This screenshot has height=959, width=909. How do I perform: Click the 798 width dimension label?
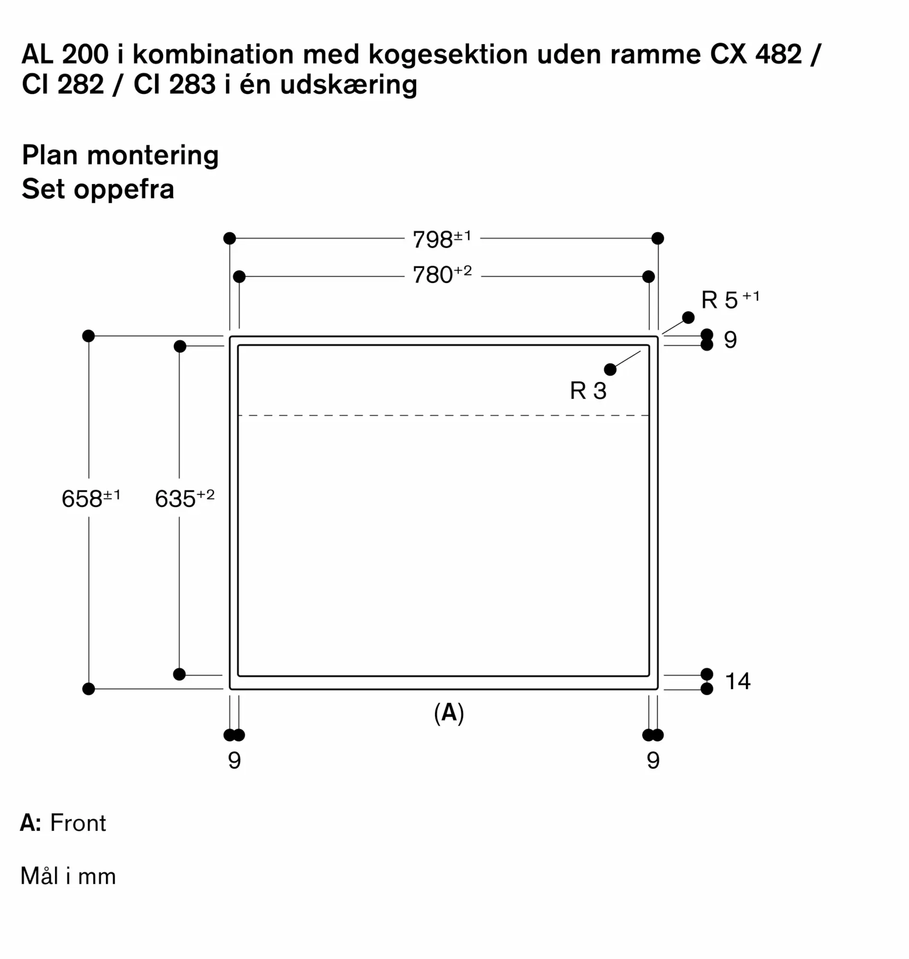tap(441, 239)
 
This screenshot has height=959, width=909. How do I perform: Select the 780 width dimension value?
tap(441, 275)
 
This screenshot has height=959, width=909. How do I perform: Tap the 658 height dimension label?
tap(91, 498)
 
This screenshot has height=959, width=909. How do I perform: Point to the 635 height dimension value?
tap(184, 498)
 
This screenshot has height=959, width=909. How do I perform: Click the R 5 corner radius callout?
tap(729, 300)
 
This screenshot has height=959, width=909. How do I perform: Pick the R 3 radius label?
tap(588, 390)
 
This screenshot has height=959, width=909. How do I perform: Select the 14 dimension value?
tap(737, 681)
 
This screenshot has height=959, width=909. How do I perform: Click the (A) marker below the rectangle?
tap(449, 713)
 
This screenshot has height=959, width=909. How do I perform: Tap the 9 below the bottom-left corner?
tap(235, 760)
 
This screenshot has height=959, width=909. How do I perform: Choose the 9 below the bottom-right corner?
tap(653, 760)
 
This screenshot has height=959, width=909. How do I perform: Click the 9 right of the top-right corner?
tap(730, 340)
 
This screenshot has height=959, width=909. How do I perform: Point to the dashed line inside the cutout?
tap(443, 416)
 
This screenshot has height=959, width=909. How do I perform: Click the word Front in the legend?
tap(78, 823)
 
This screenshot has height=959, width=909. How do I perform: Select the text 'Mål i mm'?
tap(68, 876)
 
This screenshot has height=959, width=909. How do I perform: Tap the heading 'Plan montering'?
tap(120, 155)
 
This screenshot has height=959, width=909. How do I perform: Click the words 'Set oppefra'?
tap(98, 189)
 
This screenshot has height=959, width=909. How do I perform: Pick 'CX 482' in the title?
tap(756, 54)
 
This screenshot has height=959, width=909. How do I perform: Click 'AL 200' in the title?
tap(65, 54)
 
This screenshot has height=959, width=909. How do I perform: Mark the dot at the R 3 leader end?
tap(611, 370)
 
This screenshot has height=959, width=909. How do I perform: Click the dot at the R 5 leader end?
tap(688, 318)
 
